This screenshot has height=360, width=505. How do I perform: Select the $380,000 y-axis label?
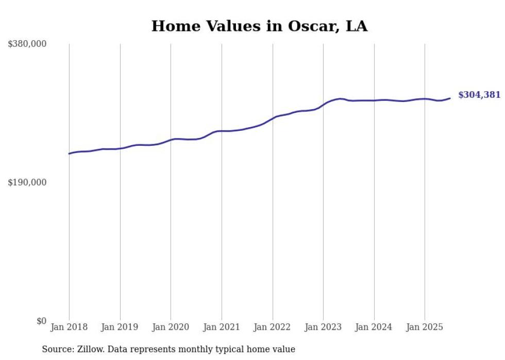(27, 44)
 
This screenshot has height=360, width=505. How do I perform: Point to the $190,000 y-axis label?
(27, 182)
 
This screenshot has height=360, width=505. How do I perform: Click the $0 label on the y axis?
(41, 321)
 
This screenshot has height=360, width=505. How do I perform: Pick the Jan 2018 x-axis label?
(69, 327)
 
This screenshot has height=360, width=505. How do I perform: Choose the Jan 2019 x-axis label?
(120, 327)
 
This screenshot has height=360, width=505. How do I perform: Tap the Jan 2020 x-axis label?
(171, 327)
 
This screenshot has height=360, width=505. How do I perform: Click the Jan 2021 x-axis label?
(222, 327)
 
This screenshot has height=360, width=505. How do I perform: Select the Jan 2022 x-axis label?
(273, 327)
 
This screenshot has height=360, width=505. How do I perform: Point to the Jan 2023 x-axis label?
(323, 327)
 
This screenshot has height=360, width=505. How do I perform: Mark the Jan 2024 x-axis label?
(374, 327)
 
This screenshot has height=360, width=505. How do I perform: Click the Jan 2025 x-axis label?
(425, 327)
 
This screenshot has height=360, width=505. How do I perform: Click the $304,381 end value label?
(479, 95)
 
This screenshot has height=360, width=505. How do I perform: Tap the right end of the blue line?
(450, 98)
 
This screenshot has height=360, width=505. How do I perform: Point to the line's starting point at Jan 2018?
(69, 153)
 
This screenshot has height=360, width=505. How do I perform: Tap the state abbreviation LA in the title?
(356, 26)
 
